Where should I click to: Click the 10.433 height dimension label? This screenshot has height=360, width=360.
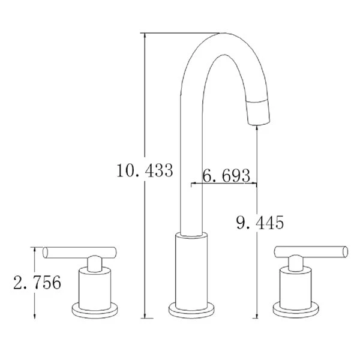point(145,171)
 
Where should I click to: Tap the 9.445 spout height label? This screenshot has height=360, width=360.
point(259,223)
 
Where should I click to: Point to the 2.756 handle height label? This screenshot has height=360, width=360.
point(37,282)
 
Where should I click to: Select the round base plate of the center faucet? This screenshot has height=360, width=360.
point(192,311)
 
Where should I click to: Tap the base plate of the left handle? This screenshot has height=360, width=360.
point(95,310)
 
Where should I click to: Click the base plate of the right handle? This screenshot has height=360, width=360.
point(295,310)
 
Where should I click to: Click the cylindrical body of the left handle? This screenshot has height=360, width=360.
point(95,286)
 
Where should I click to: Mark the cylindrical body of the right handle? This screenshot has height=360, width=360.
point(295,286)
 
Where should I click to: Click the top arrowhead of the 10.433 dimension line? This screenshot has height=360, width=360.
point(145,35)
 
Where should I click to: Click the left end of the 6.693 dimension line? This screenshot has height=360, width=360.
point(191,184)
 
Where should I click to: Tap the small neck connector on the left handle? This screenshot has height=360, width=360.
point(94,263)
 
